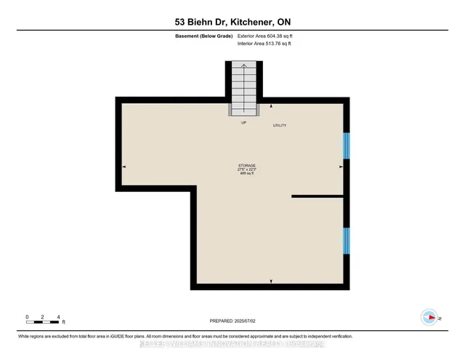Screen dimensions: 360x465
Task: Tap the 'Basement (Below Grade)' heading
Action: (203, 35)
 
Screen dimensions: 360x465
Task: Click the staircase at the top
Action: (244, 87)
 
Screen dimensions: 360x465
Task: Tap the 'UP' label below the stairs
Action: (244, 123)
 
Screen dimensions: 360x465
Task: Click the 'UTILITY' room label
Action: (280, 126)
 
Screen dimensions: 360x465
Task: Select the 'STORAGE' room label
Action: (247, 166)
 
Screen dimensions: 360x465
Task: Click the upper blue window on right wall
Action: (347, 145)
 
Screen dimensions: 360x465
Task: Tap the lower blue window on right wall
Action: (347, 240)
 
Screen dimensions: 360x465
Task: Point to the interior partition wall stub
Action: (317, 196)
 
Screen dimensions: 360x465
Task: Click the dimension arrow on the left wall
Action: (124, 167)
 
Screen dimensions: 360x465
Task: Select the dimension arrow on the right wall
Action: (340, 167)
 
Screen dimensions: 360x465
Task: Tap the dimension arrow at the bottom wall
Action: (271, 281)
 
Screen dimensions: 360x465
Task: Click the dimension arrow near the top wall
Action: (271, 106)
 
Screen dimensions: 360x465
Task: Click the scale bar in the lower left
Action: (42, 322)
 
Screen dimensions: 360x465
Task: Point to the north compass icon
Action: (429, 317)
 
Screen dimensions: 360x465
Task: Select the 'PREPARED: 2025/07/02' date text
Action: (232, 321)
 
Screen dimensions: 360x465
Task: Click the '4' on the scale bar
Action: (57, 316)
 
